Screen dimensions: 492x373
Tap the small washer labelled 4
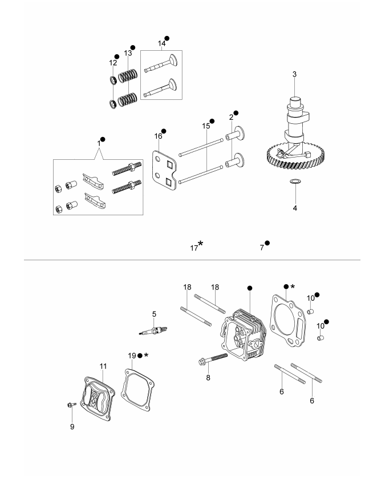[x=295, y=182]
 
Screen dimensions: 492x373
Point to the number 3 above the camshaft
[x=294, y=75]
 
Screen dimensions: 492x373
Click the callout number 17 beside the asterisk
[x=194, y=248]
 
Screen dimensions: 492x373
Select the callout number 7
[x=262, y=248]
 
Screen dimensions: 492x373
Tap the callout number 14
[x=161, y=43]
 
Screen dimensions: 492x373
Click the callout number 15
[x=205, y=125]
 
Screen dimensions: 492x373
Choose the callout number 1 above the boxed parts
[x=98, y=143]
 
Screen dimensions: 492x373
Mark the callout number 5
[x=153, y=313]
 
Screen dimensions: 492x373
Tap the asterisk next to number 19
[x=146, y=354]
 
